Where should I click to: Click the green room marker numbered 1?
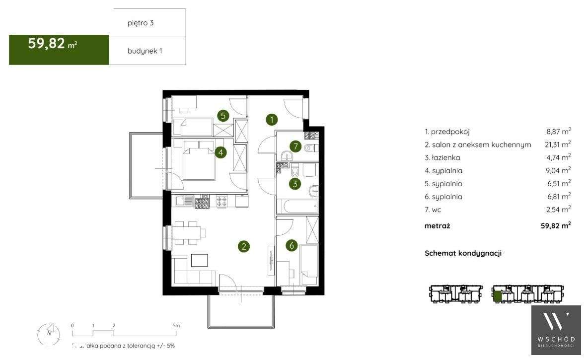tap(271, 119)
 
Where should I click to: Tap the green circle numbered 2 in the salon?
tap(243, 246)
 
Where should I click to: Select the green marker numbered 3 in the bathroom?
tap(295, 184)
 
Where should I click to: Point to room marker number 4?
tap(221, 152)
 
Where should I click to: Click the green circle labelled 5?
tap(223, 116)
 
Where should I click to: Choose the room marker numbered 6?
tap(292, 245)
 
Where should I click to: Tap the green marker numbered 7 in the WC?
tap(296, 146)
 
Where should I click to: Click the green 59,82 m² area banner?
tap(59, 50)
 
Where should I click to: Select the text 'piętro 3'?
tap(141, 23)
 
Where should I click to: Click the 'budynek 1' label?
tap(145, 51)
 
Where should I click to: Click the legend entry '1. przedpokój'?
tap(447, 132)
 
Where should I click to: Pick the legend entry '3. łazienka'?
tap(442, 158)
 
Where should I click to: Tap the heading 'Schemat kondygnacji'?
tap(463, 253)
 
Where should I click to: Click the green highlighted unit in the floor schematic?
tap(497, 297)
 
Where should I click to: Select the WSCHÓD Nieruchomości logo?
tap(556, 330)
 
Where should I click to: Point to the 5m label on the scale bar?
tap(176, 325)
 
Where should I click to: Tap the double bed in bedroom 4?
tap(199, 160)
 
